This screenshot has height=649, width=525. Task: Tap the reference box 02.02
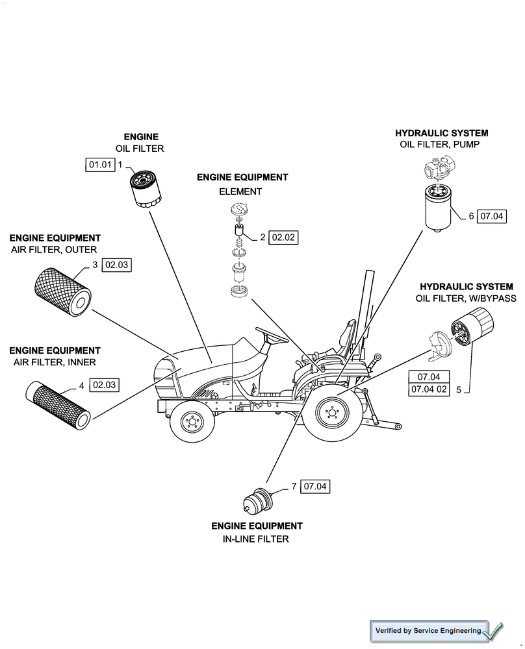[283, 238]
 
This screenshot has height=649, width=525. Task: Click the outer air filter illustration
[62, 291]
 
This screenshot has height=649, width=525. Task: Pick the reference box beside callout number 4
[104, 386]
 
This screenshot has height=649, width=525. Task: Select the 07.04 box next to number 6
[491, 217]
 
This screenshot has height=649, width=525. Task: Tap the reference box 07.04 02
[429, 389]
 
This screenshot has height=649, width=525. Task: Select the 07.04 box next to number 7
[315, 486]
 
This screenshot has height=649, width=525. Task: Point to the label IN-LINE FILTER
[257, 539]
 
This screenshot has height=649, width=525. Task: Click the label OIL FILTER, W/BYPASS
[466, 299]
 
